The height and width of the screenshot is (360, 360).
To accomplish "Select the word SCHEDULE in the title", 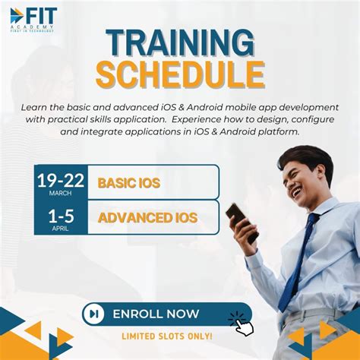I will (179, 74).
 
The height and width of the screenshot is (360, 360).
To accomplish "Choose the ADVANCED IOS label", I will (147, 219).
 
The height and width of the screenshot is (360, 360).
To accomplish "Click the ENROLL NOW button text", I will (156, 314).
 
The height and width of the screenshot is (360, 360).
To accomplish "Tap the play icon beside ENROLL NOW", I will (94, 314).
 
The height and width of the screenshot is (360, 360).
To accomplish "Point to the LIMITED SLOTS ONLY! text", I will (167, 336).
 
